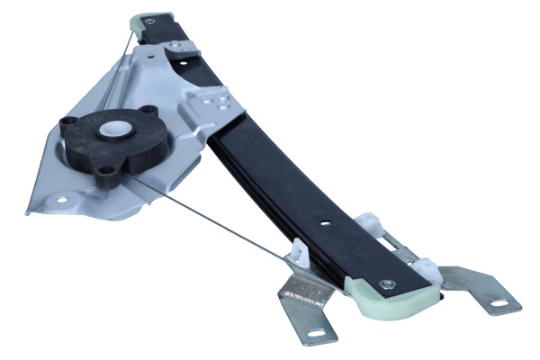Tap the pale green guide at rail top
pyautogui.click(x=148, y=22)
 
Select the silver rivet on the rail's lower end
pyautogui.click(x=387, y=284)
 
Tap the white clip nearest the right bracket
pyautogui.click(x=425, y=269)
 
